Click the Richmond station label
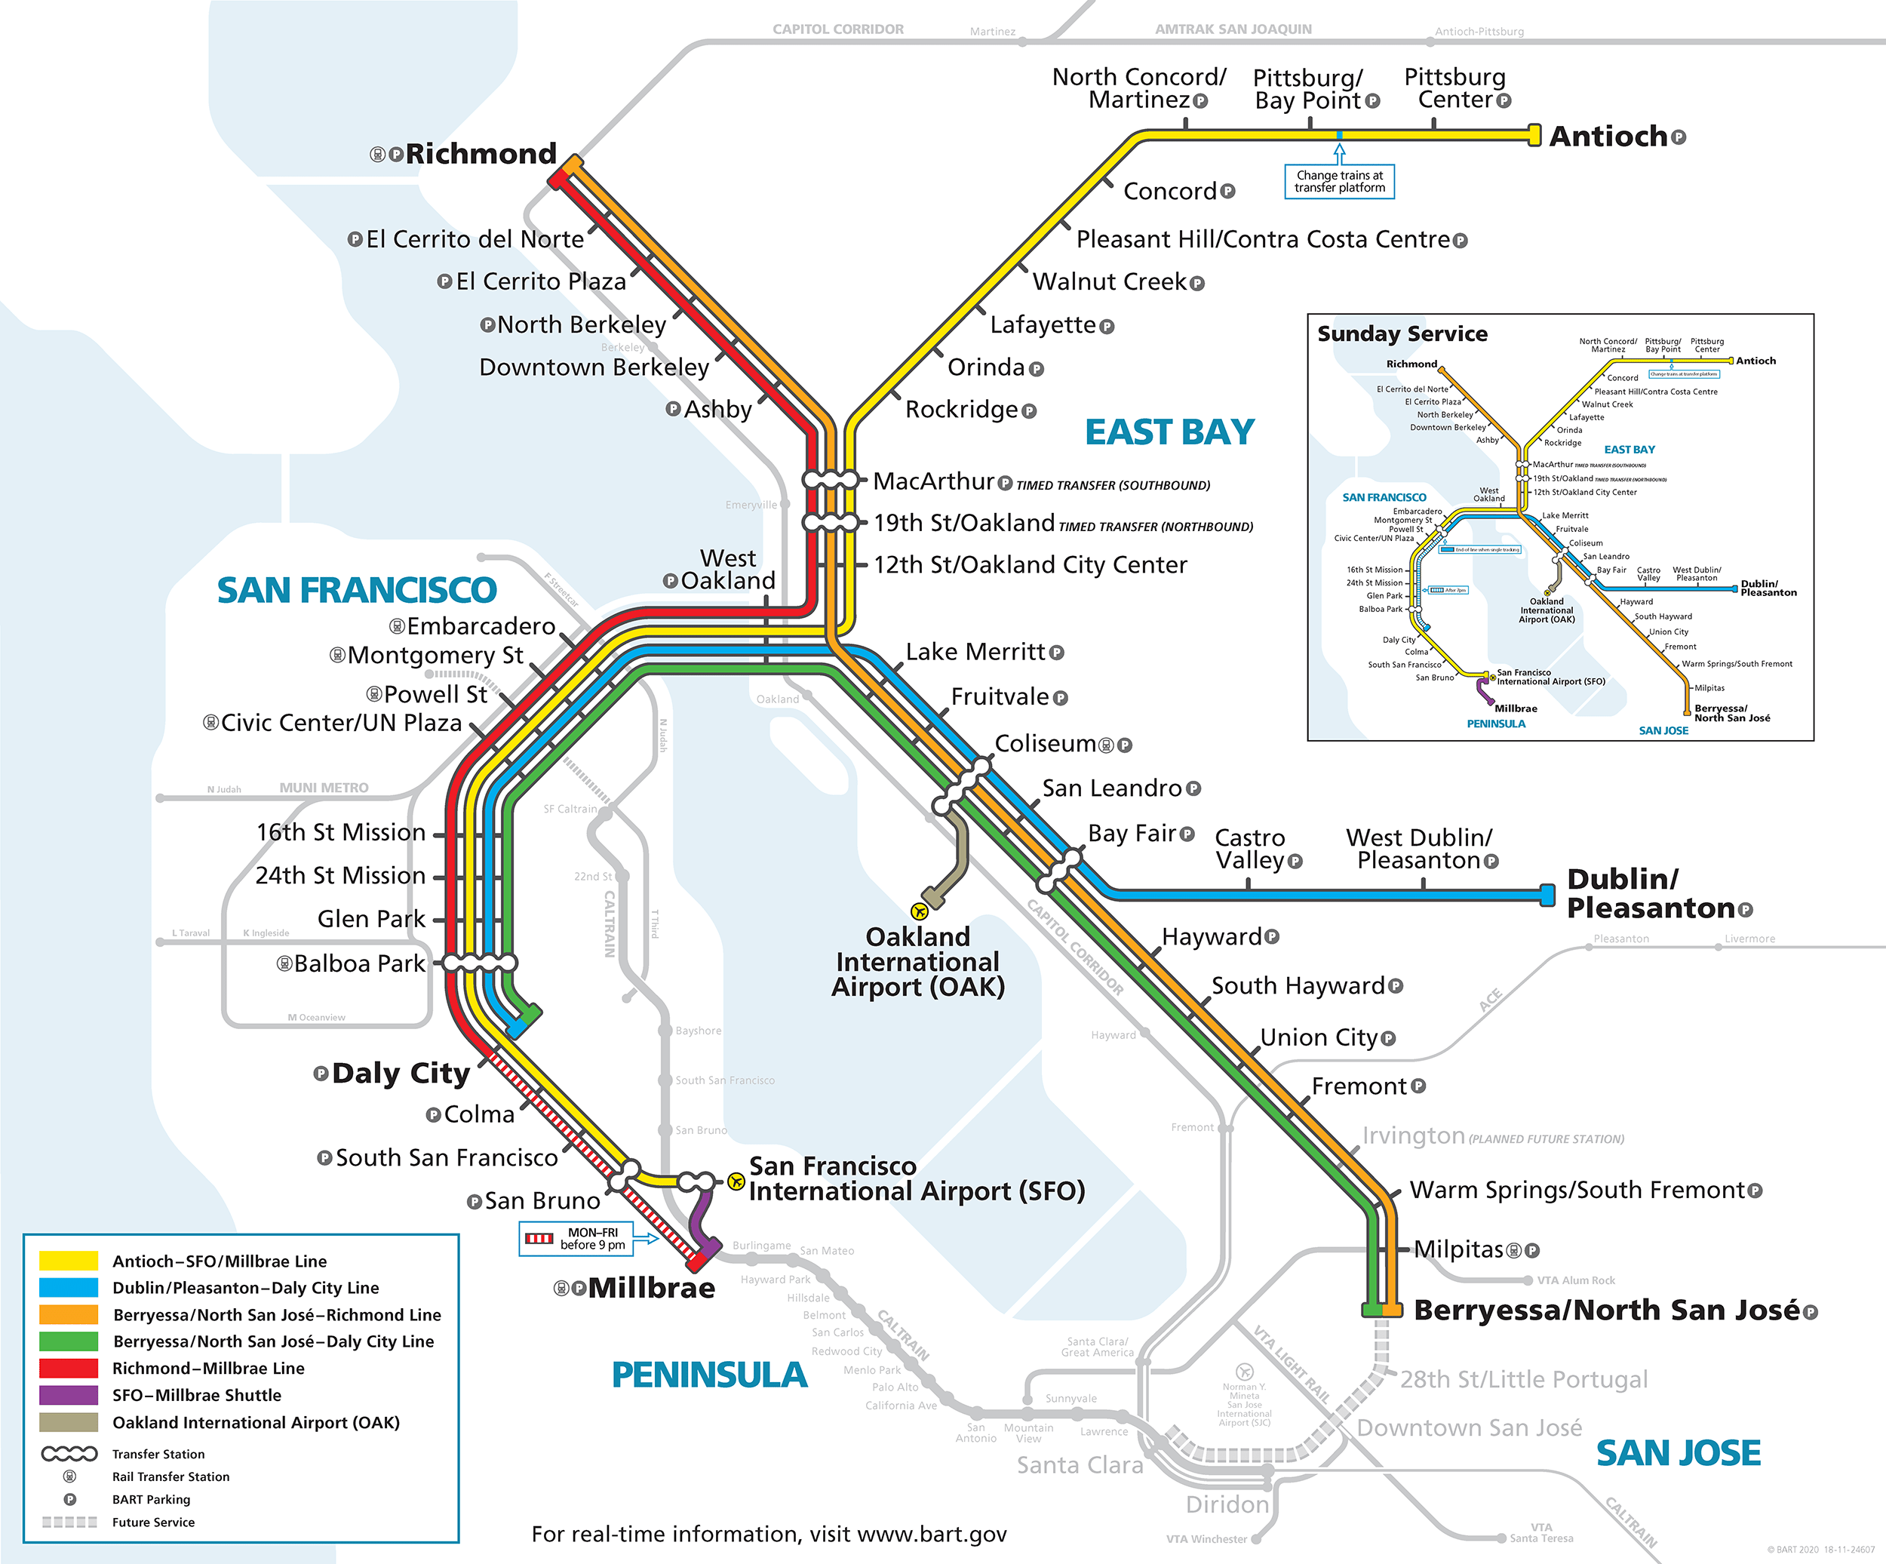click(x=481, y=154)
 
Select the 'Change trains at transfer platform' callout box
click(x=1339, y=182)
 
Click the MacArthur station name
click(x=933, y=481)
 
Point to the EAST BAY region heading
click(x=1169, y=432)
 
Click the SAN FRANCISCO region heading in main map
click(x=357, y=590)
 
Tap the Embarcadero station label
click(x=481, y=626)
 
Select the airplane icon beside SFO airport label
click(x=736, y=1181)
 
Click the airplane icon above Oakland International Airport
click(x=919, y=911)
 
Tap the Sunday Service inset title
click(x=1402, y=334)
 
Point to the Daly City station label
click(x=401, y=1074)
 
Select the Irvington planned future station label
click(x=1413, y=1136)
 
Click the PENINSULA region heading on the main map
click(x=709, y=1375)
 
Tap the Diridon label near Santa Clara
click(x=1227, y=1504)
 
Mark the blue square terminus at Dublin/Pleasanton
click(x=1547, y=895)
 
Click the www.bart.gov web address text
click(x=932, y=1535)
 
